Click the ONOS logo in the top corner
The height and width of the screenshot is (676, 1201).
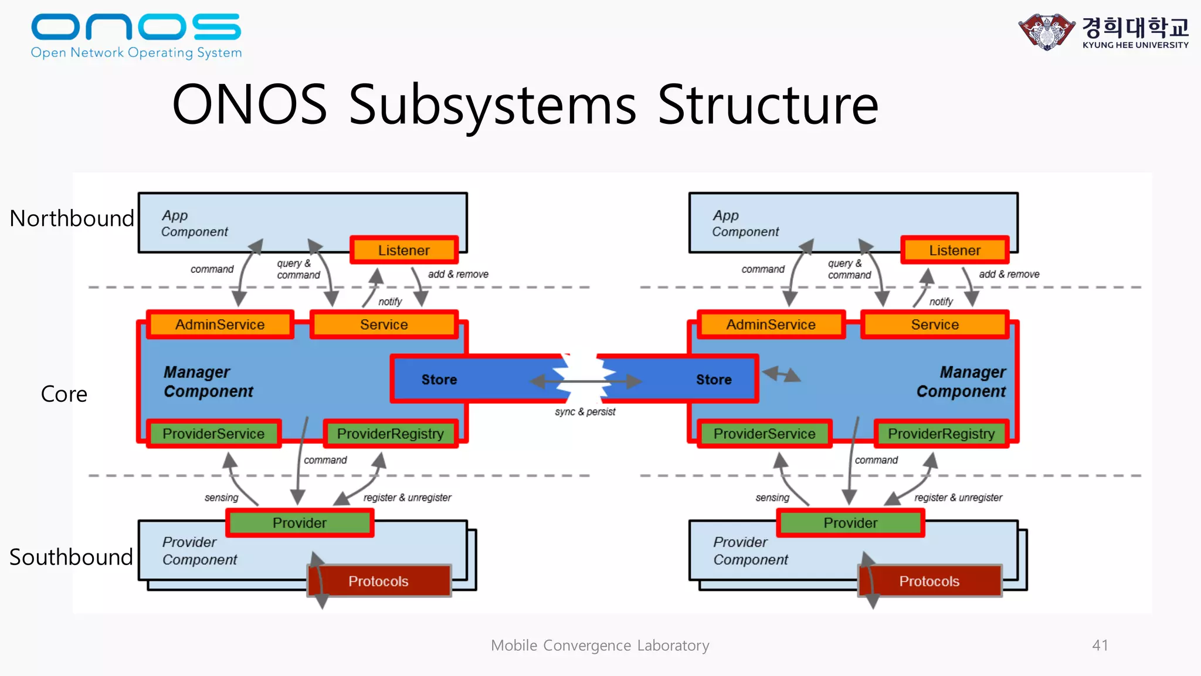(136, 35)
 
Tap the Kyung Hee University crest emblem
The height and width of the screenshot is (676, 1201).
(1047, 31)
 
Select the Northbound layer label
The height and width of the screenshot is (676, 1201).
(72, 218)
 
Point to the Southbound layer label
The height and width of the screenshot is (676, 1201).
(71, 557)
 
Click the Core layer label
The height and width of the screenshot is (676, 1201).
(64, 394)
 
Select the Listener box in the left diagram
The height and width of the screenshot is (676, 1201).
(403, 250)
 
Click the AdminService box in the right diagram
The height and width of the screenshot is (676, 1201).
(771, 325)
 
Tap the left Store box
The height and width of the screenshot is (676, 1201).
(439, 380)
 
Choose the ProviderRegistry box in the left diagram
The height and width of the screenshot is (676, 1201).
(390, 434)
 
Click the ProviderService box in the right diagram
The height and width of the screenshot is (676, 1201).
(764, 434)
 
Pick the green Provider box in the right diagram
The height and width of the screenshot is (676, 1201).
(850, 522)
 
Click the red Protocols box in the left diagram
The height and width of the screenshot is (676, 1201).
(379, 581)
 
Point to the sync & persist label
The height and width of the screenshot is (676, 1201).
(585, 412)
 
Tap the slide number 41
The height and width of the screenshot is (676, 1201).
(1100, 645)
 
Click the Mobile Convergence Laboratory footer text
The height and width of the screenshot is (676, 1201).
(600, 645)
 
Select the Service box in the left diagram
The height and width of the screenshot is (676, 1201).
(384, 325)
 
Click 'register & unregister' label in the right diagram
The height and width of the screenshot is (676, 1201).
(958, 498)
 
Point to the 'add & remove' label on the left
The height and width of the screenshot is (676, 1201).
(458, 274)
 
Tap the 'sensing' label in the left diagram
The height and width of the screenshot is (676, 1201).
(221, 498)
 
